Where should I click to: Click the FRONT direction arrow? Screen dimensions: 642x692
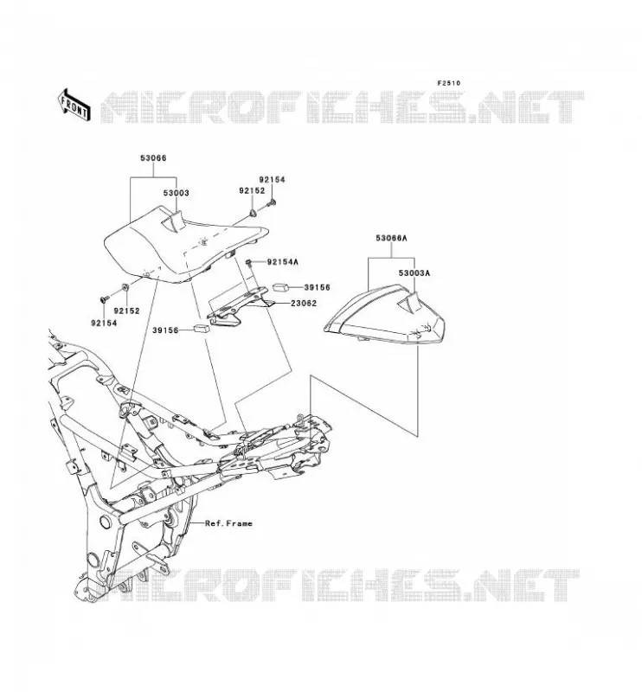[74, 105]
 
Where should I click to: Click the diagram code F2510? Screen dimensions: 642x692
[448, 83]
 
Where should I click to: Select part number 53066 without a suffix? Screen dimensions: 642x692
[153, 158]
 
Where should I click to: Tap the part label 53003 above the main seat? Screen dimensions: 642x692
[177, 193]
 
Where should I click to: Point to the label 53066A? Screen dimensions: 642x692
[391, 239]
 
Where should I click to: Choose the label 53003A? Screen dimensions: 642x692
[414, 273]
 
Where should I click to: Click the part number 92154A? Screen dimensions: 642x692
[283, 262]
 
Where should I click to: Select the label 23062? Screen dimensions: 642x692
[304, 304]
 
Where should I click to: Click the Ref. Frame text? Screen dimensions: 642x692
[228, 523]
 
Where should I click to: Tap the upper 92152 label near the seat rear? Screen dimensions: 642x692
[252, 190]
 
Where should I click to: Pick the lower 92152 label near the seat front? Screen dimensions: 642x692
[126, 311]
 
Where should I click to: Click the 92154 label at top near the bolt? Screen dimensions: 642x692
[272, 180]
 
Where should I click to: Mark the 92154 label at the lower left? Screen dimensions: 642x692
[104, 323]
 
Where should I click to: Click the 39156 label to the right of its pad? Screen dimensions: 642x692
[317, 287]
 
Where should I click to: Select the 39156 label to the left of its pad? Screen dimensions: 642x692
[165, 330]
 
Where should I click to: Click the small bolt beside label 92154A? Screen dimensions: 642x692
[248, 263]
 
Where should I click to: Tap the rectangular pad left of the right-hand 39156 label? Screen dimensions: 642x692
[280, 288]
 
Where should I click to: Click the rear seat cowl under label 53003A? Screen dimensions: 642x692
[384, 316]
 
